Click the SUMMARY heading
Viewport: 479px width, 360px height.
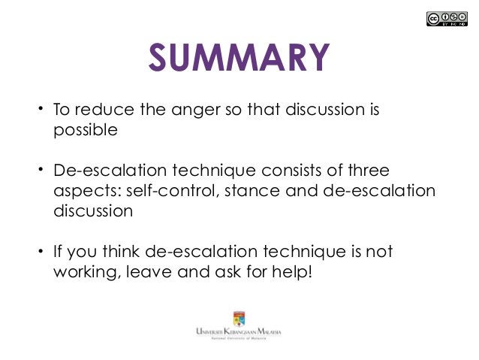point(239,58)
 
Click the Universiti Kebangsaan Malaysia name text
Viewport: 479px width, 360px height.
point(239,332)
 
